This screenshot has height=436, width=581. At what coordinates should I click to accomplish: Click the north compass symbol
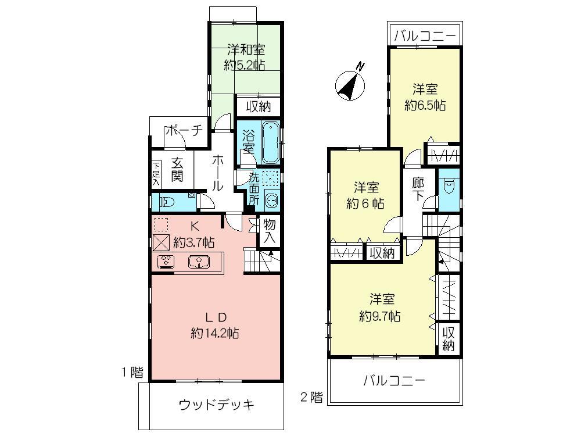tap(351, 84)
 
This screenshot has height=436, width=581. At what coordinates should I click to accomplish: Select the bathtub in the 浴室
tap(269, 142)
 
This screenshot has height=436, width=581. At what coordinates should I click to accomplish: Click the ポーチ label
tap(183, 131)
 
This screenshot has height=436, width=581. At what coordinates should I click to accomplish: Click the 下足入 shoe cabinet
tap(156, 174)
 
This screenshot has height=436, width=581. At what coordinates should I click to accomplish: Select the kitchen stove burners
tap(166, 262)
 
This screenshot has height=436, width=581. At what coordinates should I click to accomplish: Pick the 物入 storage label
tap(269, 231)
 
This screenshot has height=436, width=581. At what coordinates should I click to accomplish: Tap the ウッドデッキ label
tap(216, 405)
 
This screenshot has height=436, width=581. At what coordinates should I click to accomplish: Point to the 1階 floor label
tap(132, 373)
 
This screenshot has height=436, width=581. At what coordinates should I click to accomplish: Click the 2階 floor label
tap(311, 398)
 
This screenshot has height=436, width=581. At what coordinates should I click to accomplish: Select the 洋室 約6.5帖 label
tap(425, 98)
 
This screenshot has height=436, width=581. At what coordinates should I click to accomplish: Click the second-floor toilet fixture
tap(448, 187)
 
